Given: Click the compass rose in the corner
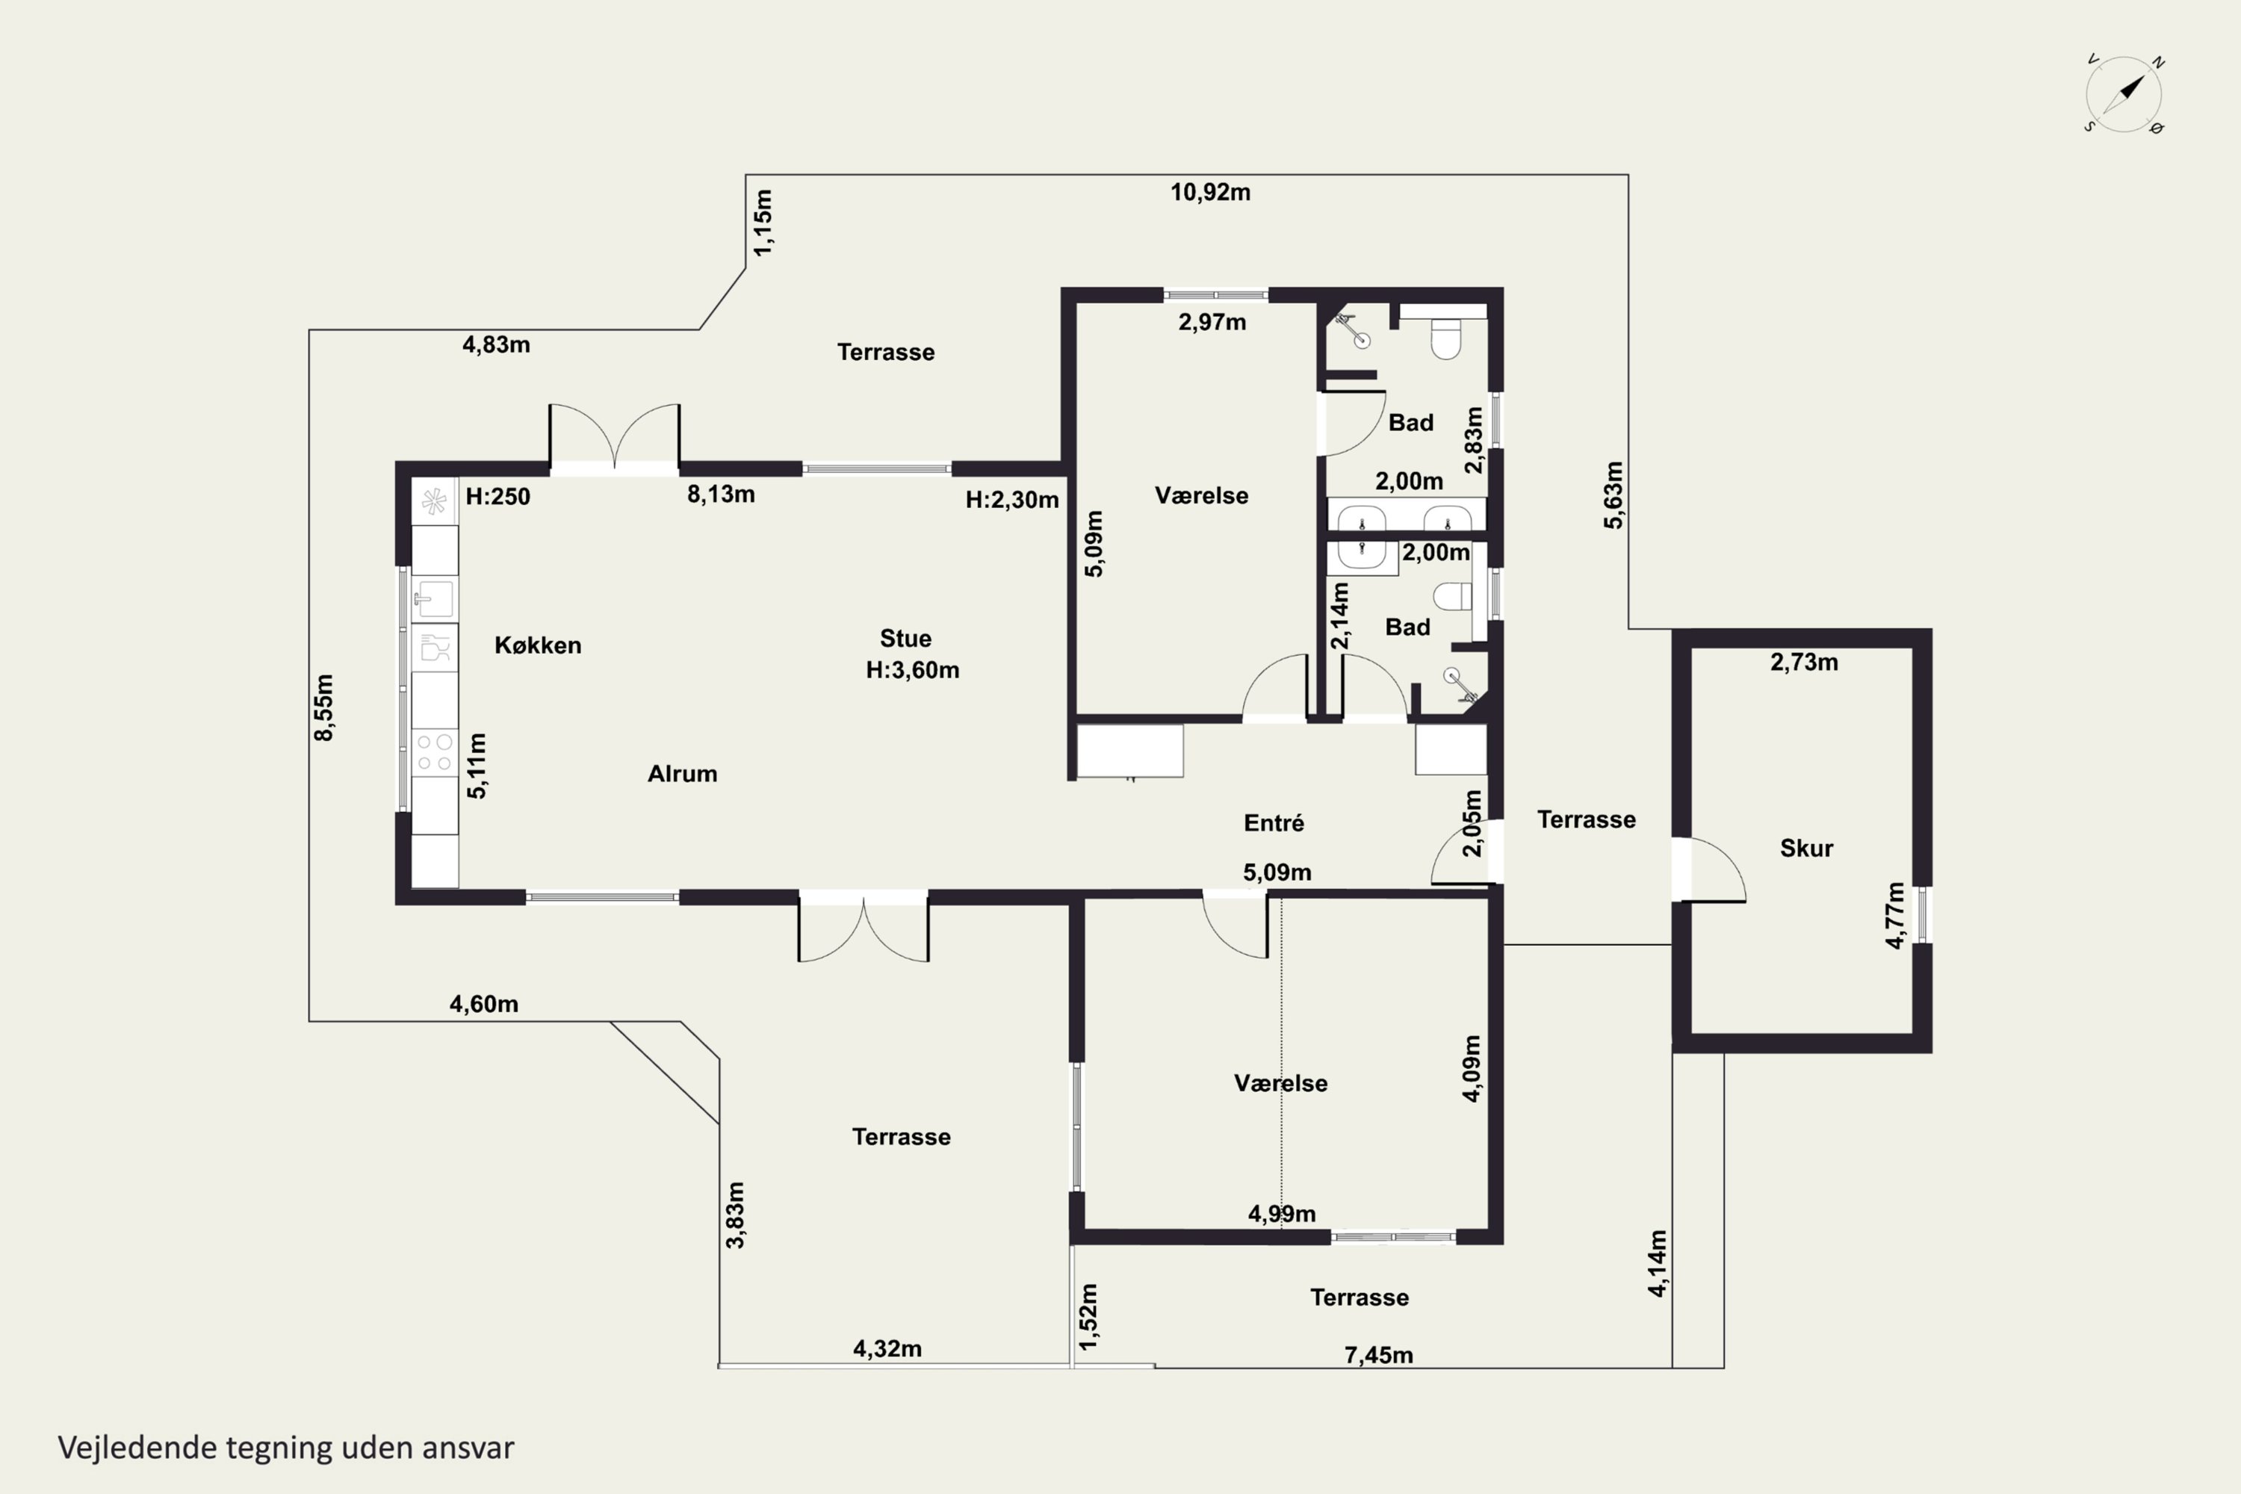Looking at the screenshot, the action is coord(2124,94).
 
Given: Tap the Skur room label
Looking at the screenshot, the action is coord(1806,848).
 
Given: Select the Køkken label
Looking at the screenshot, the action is coord(537,645).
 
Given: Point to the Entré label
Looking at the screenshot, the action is coord(1274,822).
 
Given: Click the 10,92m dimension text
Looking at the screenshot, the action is coord(1210,193).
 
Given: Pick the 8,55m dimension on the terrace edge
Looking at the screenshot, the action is coord(324,707).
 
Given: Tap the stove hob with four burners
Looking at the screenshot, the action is coord(435,751).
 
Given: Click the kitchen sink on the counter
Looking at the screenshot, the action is coord(435,599).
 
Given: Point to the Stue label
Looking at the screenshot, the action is coord(905,639).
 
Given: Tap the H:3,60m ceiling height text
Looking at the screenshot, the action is coord(912,670).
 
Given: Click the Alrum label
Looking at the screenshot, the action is coord(682,774).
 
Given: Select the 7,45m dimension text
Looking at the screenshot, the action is coord(1379,1355).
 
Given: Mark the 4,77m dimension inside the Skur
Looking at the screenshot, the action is coord(1895,916).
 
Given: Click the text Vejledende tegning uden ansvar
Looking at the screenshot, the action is coord(286,1448).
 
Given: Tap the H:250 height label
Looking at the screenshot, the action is coord(498,497).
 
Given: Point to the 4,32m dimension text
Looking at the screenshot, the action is coord(887,1348).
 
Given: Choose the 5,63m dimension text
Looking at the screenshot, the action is coord(1612,495).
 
